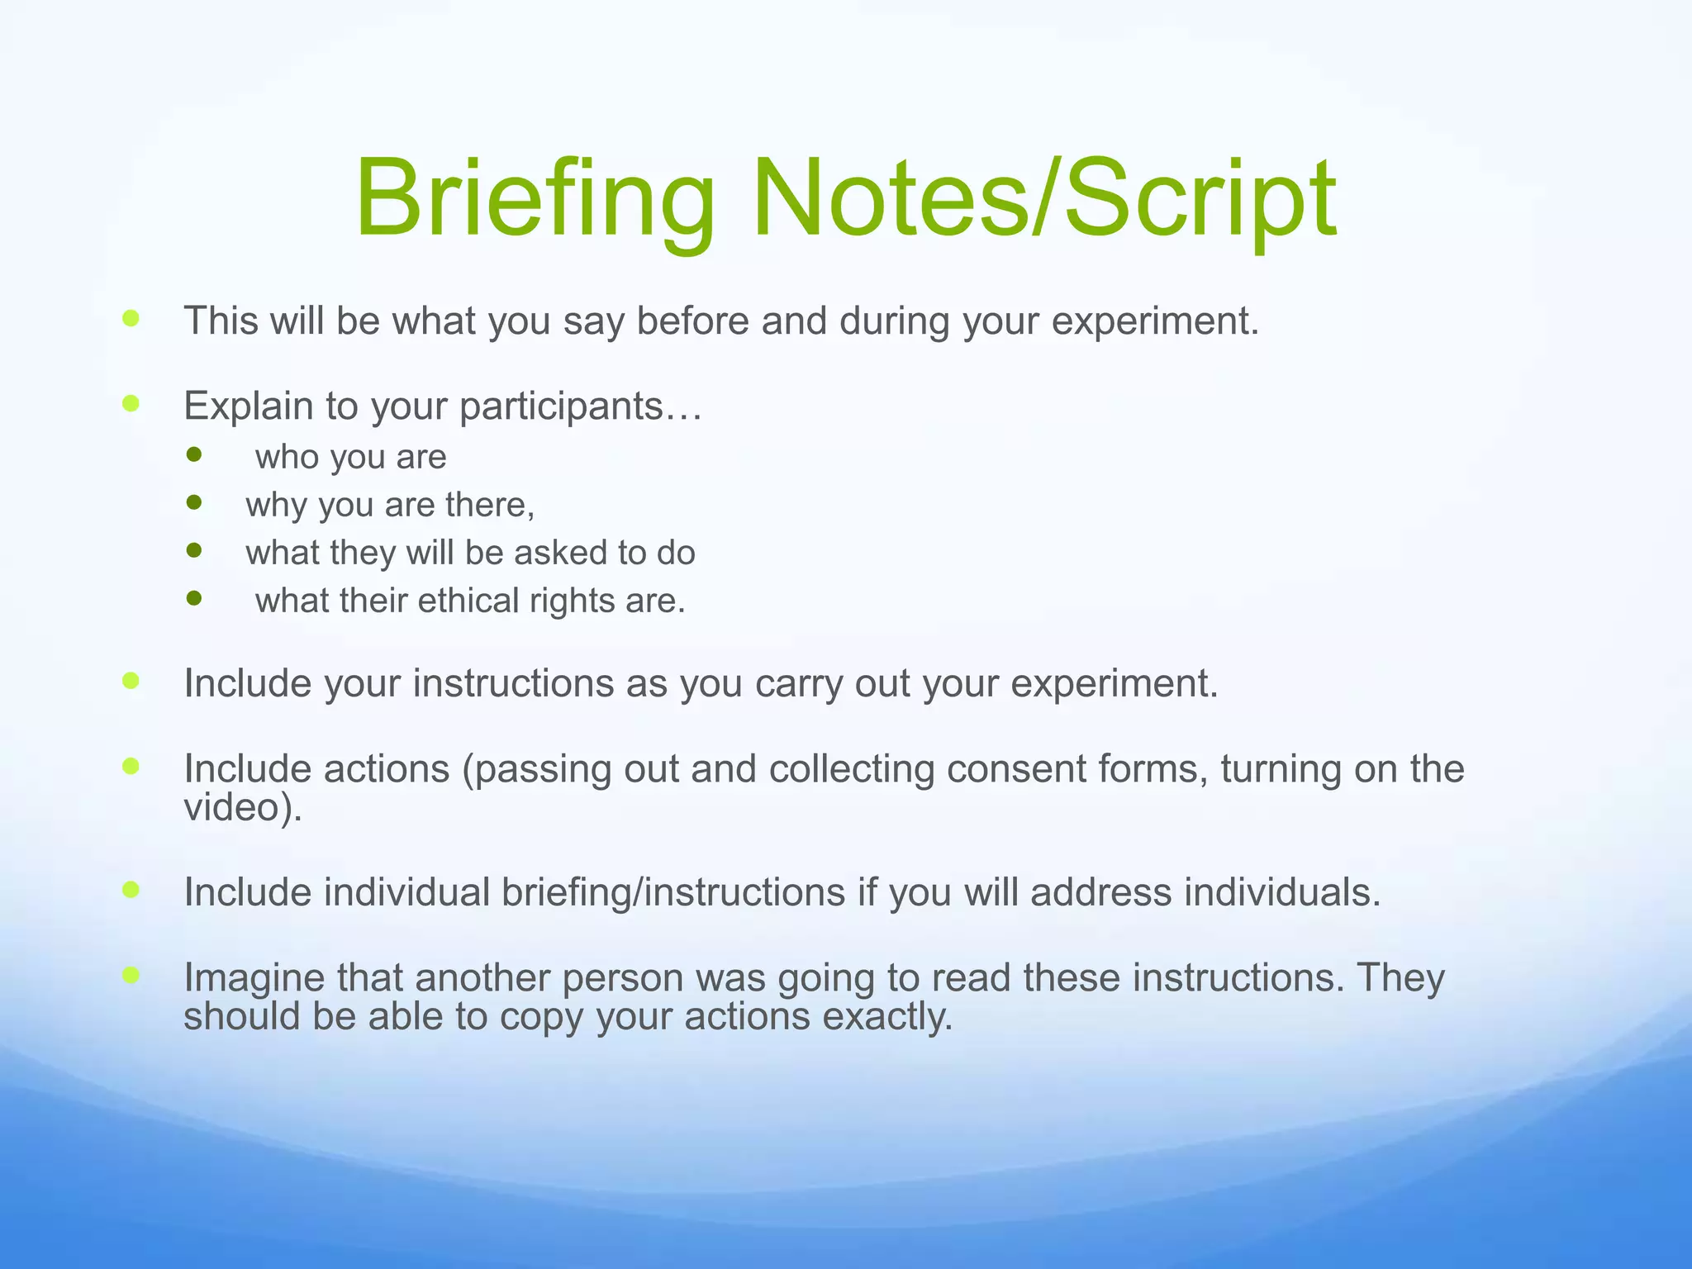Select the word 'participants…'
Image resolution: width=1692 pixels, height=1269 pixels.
[x=580, y=406]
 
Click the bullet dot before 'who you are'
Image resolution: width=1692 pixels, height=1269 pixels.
[x=194, y=454]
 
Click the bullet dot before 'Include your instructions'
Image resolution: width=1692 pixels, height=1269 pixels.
[x=131, y=681]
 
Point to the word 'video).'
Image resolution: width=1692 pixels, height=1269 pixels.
[x=243, y=807]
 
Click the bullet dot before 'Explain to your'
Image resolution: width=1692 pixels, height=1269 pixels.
[x=131, y=403]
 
